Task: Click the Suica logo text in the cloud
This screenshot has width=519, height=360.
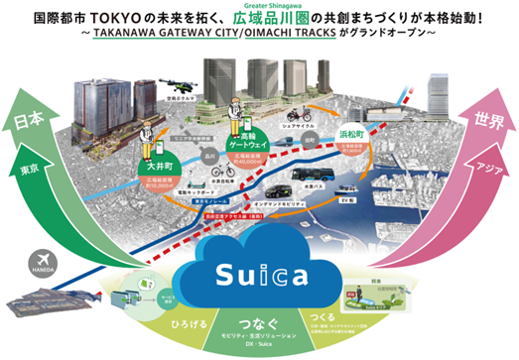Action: [x=261, y=272]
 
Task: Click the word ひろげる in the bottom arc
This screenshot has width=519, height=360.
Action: [x=183, y=320]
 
